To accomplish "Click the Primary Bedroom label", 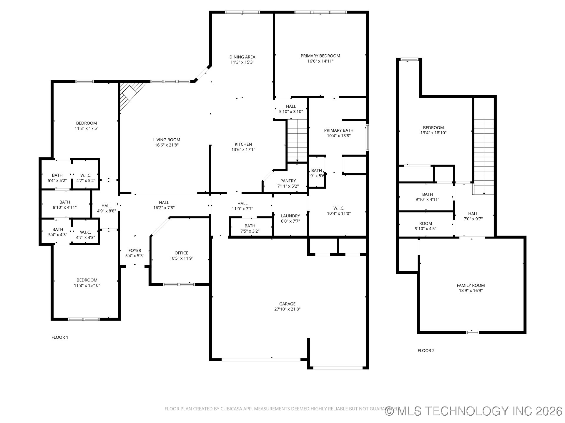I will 320,56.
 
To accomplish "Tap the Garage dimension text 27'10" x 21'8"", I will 287,309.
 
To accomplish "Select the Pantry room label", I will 288,181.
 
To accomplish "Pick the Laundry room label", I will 290,216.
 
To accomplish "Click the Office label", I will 181,253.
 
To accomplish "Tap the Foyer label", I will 135,250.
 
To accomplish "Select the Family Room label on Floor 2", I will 471,285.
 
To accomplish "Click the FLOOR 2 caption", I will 426,350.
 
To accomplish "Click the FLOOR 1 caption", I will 60,337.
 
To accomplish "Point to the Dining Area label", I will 242,57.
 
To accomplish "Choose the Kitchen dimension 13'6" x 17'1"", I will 243,150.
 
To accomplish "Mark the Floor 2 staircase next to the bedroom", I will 483,156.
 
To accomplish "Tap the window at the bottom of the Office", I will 179,284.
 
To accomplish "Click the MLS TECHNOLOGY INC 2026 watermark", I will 474,411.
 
